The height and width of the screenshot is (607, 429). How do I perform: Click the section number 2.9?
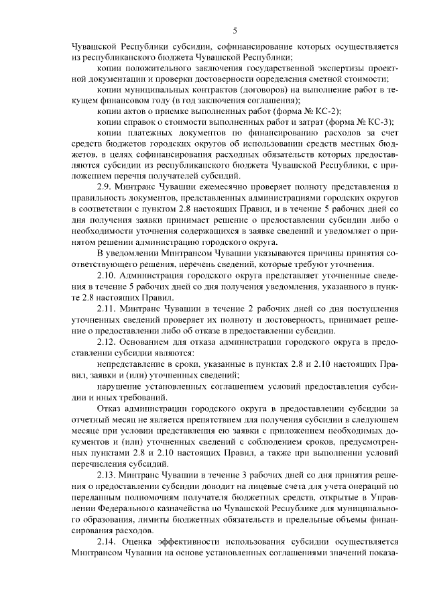(107, 185)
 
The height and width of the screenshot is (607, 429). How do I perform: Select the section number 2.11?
(109, 309)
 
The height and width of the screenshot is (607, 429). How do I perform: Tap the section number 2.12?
(109, 343)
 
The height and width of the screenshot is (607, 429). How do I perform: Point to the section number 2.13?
(109, 472)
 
